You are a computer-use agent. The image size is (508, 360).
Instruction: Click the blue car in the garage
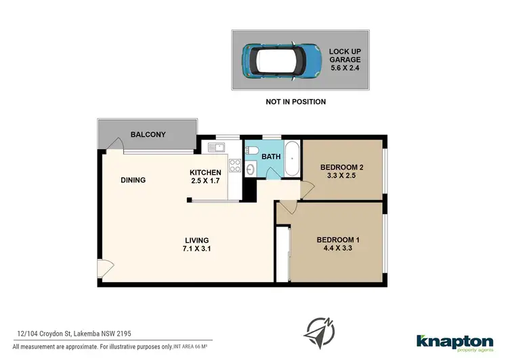[x=278, y=60]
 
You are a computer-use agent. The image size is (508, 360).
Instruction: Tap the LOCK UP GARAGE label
[x=344, y=60]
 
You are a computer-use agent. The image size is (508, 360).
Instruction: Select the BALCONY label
[x=148, y=135]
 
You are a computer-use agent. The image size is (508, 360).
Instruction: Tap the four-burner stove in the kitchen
[x=236, y=165]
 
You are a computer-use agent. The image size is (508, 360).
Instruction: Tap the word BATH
[x=271, y=157]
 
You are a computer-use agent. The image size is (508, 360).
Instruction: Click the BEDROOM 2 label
[x=342, y=167]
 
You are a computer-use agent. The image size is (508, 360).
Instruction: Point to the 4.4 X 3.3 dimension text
[x=338, y=249]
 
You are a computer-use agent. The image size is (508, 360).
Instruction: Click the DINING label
[x=133, y=180]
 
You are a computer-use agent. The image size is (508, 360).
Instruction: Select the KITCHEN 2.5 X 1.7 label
[x=206, y=176]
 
